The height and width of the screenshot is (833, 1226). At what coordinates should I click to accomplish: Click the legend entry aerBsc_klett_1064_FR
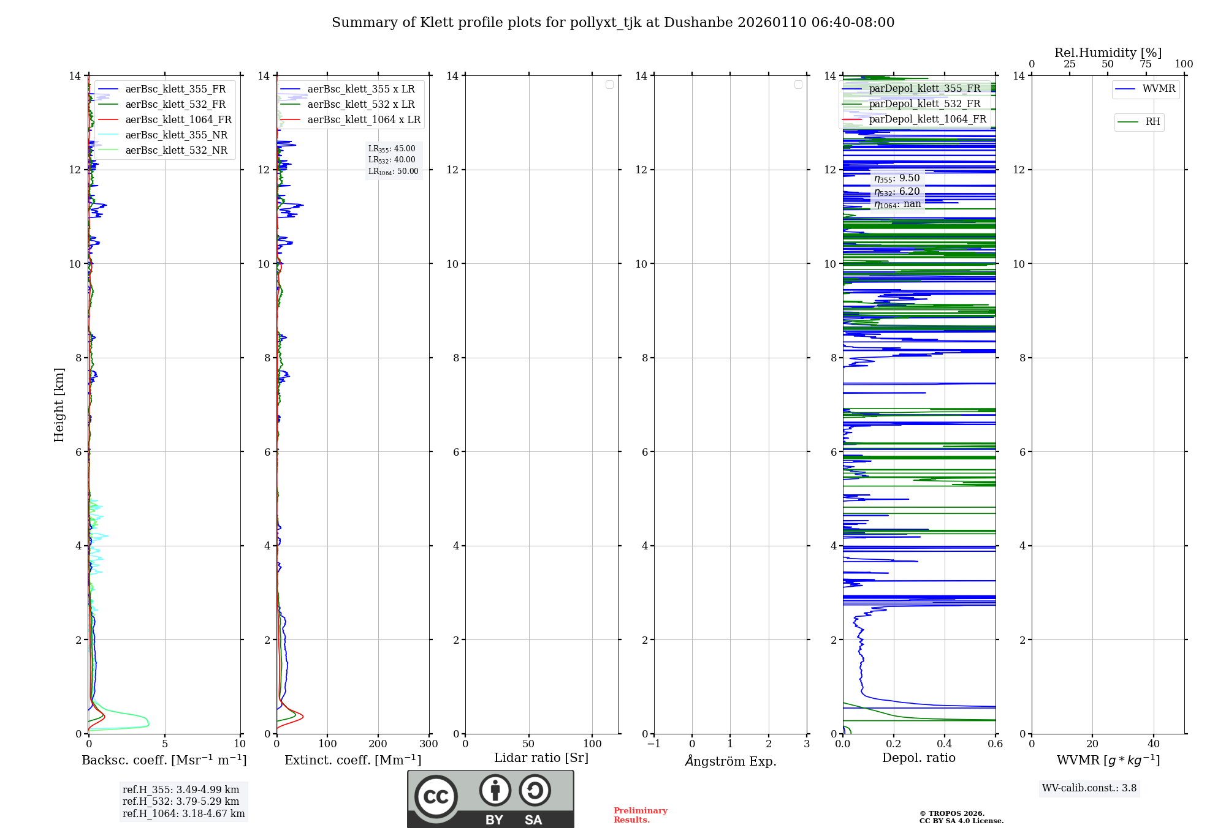[178, 120]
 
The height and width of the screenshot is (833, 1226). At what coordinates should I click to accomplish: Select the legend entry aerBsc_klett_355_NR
[176, 135]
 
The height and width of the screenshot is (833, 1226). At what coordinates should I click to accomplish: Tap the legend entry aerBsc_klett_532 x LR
[360, 105]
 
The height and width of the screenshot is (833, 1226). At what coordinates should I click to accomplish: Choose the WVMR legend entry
[1158, 89]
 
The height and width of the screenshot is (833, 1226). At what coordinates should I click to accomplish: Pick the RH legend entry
[1152, 122]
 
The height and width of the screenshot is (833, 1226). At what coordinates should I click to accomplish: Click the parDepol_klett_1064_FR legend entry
[927, 119]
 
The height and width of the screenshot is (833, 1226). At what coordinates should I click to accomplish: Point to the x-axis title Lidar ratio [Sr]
[541, 758]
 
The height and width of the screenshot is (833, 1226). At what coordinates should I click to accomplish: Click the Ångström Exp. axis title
[730, 761]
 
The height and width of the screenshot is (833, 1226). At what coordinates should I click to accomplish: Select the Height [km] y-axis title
[59, 405]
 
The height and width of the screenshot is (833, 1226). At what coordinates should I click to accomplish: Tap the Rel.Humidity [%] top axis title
[1108, 53]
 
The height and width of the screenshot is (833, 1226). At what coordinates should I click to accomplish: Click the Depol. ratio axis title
[918, 758]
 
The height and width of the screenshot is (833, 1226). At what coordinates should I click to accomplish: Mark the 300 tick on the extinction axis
[428, 744]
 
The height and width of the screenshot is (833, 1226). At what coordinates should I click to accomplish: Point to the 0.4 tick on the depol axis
[944, 744]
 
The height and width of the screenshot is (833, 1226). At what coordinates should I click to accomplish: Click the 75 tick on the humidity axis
[1145, 64]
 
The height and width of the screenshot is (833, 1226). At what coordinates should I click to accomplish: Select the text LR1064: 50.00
[394, 171]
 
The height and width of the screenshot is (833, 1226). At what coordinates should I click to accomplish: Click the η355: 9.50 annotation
[897, 178]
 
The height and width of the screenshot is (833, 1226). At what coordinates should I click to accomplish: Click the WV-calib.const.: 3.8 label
[1089, 788]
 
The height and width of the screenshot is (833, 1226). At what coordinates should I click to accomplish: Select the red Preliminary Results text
[640, 815]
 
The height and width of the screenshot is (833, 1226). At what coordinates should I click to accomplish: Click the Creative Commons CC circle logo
[436, 796]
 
